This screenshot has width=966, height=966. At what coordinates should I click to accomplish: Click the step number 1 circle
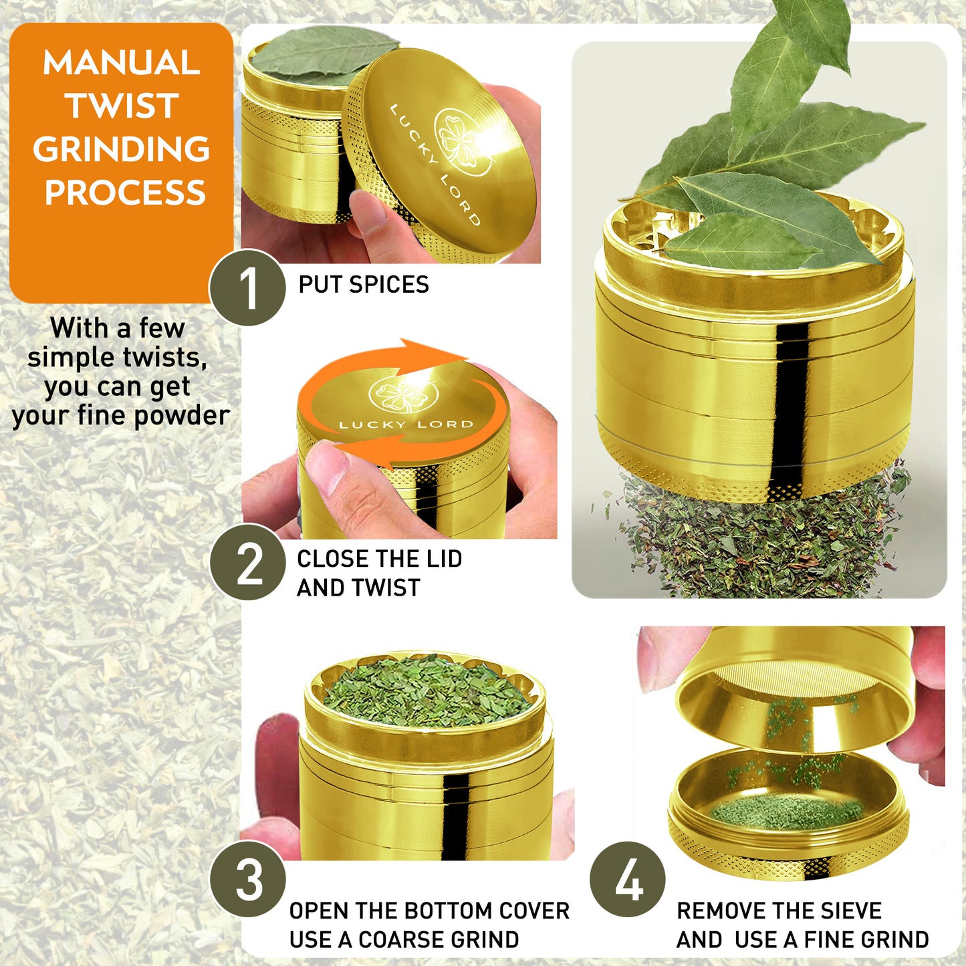point(247,288)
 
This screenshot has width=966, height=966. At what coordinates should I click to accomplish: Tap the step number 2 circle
point(247,562)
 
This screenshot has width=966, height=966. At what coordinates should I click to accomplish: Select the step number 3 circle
point(247,879)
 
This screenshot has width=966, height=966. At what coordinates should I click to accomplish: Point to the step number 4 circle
point(628,879)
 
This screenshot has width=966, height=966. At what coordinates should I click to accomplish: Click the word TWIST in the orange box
point(122,106)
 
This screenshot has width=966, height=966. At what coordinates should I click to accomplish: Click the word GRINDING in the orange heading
point(122,149)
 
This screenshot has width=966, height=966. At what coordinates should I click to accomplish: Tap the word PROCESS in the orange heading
point(124,193)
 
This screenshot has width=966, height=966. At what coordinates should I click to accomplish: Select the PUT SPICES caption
point(363,285)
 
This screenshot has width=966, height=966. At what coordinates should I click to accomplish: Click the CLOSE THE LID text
point(379,559)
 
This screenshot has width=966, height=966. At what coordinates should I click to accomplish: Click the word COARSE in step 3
point(399,939)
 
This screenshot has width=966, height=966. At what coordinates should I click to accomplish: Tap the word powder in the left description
point(182,415)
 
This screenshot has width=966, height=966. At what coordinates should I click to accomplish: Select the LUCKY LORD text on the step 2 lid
point(406,425)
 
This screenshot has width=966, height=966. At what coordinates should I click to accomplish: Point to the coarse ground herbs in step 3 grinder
point(426,689)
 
